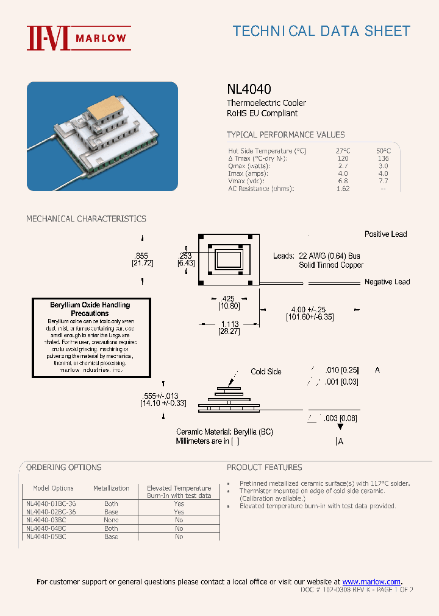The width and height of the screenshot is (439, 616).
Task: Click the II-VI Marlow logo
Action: pyautogui.click(x=77, y=38)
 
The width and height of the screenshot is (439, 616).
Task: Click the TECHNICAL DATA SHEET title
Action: pyautogui.click(x=321, y=31)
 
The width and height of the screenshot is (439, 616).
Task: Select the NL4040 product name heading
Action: pyautogui.click(x=249, y=89)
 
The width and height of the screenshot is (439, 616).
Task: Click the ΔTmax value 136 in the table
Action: pyautogui.click(x=383, y=158)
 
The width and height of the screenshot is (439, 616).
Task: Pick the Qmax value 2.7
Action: pyautogui.click(x=343, y=166)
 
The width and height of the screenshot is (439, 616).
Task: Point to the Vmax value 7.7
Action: pyautogui.click(x=383, y=181)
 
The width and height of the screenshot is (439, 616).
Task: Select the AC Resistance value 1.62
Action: pyautogui.click(x=343, y=189)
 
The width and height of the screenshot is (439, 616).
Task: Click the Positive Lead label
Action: pyautogui.click(x=385, y=234)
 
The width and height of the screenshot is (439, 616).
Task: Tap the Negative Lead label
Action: pyautogui.click(x=387, y=282)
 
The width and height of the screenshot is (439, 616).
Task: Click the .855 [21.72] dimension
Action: pyautogui.click(x=142, y=260)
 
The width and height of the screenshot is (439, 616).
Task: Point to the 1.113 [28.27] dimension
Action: pyautogui.click(x=229, y=327)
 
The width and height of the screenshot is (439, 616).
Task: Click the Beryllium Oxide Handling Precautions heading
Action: pyautogui.click(x=90, y=309)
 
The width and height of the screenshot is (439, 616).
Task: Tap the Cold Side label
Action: pyautogui.click(x=266, y=371)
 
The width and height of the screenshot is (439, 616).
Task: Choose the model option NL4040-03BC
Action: pyautogui.click(x=46, y=520)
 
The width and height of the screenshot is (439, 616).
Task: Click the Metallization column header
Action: pyautogui.click(x=111, y=488)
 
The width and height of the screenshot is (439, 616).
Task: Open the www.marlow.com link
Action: pyautogui.click(x=371, y=582)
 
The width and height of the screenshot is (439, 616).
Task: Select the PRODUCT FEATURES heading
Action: pyautogui.click(x=264, y=467)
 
